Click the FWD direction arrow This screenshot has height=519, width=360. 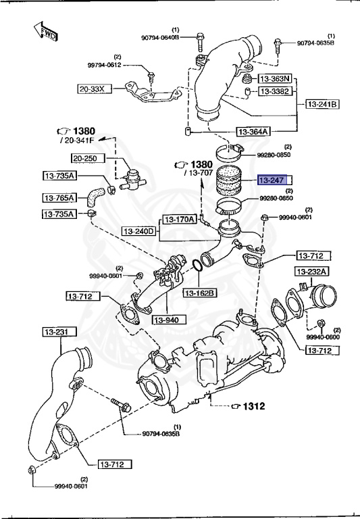(46, 32)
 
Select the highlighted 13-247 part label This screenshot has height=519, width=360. (272, 180)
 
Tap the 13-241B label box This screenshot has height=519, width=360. (322, 104)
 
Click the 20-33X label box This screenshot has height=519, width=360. (95, 89)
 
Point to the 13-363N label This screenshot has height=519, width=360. (275, 79)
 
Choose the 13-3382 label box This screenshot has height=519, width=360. (275, 91)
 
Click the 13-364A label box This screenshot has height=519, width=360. (253, 132)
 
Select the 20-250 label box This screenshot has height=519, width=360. (88, 158)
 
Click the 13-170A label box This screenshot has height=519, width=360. (180, 219)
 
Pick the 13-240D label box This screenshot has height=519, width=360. (138, 231)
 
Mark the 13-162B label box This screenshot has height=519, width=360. (200, 293)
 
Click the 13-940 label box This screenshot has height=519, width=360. (169, 320)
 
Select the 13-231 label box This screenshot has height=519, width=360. (59, 331)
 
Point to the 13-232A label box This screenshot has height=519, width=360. (311, 272)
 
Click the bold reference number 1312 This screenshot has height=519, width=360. (254, 406)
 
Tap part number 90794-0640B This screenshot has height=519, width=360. (160, 38)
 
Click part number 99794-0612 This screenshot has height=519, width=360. (104, 65)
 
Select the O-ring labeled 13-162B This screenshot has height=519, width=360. (197, 265)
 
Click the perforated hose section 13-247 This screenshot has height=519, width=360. (228, 180)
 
